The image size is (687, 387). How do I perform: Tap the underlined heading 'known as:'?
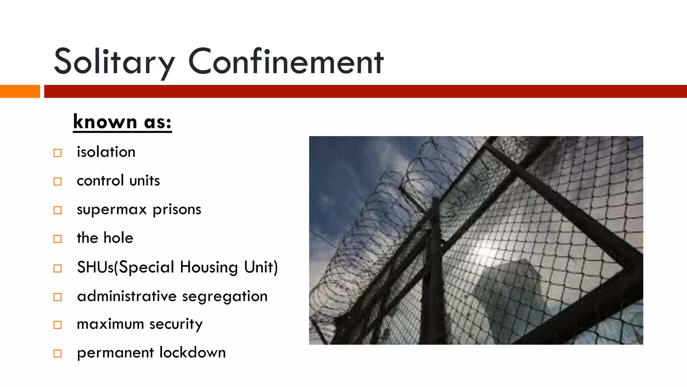(122, 122)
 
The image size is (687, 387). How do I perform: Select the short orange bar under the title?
(20, 91)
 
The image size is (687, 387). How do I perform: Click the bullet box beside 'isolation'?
(58, 153)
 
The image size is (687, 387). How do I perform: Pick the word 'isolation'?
(106, 152)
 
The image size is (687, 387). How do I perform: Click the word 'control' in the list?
(100, 181)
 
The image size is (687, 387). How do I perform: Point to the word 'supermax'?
(112, 210)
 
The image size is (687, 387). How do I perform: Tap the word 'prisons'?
(177, 210)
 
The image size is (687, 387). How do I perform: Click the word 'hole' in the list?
(118, 238)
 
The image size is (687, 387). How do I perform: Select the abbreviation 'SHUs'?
(95, 267)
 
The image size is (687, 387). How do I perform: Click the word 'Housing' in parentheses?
(209, 267)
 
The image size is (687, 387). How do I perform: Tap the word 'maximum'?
(110, 324)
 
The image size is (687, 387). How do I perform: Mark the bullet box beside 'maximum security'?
(58, 325)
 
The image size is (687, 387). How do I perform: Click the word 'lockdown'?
(193, 353)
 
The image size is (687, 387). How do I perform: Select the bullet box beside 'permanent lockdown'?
(58, 353)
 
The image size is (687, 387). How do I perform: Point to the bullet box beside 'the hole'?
(58, 239)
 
